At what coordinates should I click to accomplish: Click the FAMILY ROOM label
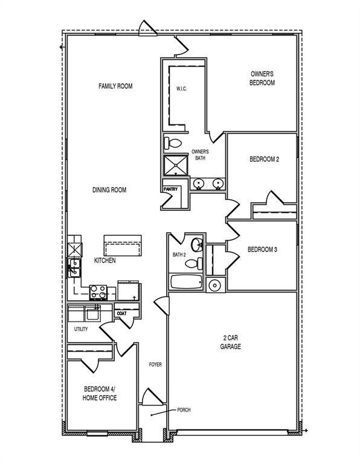point(115,86)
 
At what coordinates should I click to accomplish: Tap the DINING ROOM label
point(109,190)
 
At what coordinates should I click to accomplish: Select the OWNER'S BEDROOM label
point(262,79)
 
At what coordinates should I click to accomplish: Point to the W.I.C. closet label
point(181,89)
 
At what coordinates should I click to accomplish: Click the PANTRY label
point(170,189)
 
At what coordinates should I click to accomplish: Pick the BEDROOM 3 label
point(262,249)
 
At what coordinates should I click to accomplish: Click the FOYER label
point(155,365)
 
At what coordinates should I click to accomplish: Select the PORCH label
point(184,410)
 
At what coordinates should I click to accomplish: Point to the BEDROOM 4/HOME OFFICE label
point(100,393)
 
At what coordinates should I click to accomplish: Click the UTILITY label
point(81,329)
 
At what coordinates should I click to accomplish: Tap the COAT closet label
point(121,314)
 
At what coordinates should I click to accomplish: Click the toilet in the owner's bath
point(173,143)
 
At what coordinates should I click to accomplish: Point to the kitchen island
point(123,246)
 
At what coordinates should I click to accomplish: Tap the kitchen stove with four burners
point(99,292)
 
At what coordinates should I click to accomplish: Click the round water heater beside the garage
point(214,285)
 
